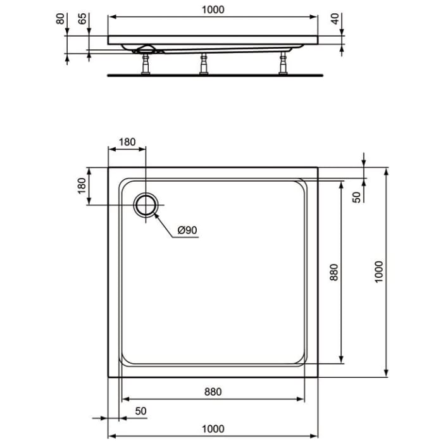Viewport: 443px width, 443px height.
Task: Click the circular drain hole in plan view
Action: (146, 204)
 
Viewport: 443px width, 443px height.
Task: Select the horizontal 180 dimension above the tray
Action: (127, 142)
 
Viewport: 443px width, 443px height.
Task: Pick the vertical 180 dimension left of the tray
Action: (82, 187)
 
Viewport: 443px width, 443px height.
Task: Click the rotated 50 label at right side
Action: (356, 197)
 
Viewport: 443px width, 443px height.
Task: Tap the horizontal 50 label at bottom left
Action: (140, 411)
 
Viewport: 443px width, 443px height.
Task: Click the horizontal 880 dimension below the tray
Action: (212, 392)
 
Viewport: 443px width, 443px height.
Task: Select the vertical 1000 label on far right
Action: (378, 272)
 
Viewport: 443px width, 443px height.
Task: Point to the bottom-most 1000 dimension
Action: (213, 429)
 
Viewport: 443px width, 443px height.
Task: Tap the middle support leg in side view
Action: (204, 64)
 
